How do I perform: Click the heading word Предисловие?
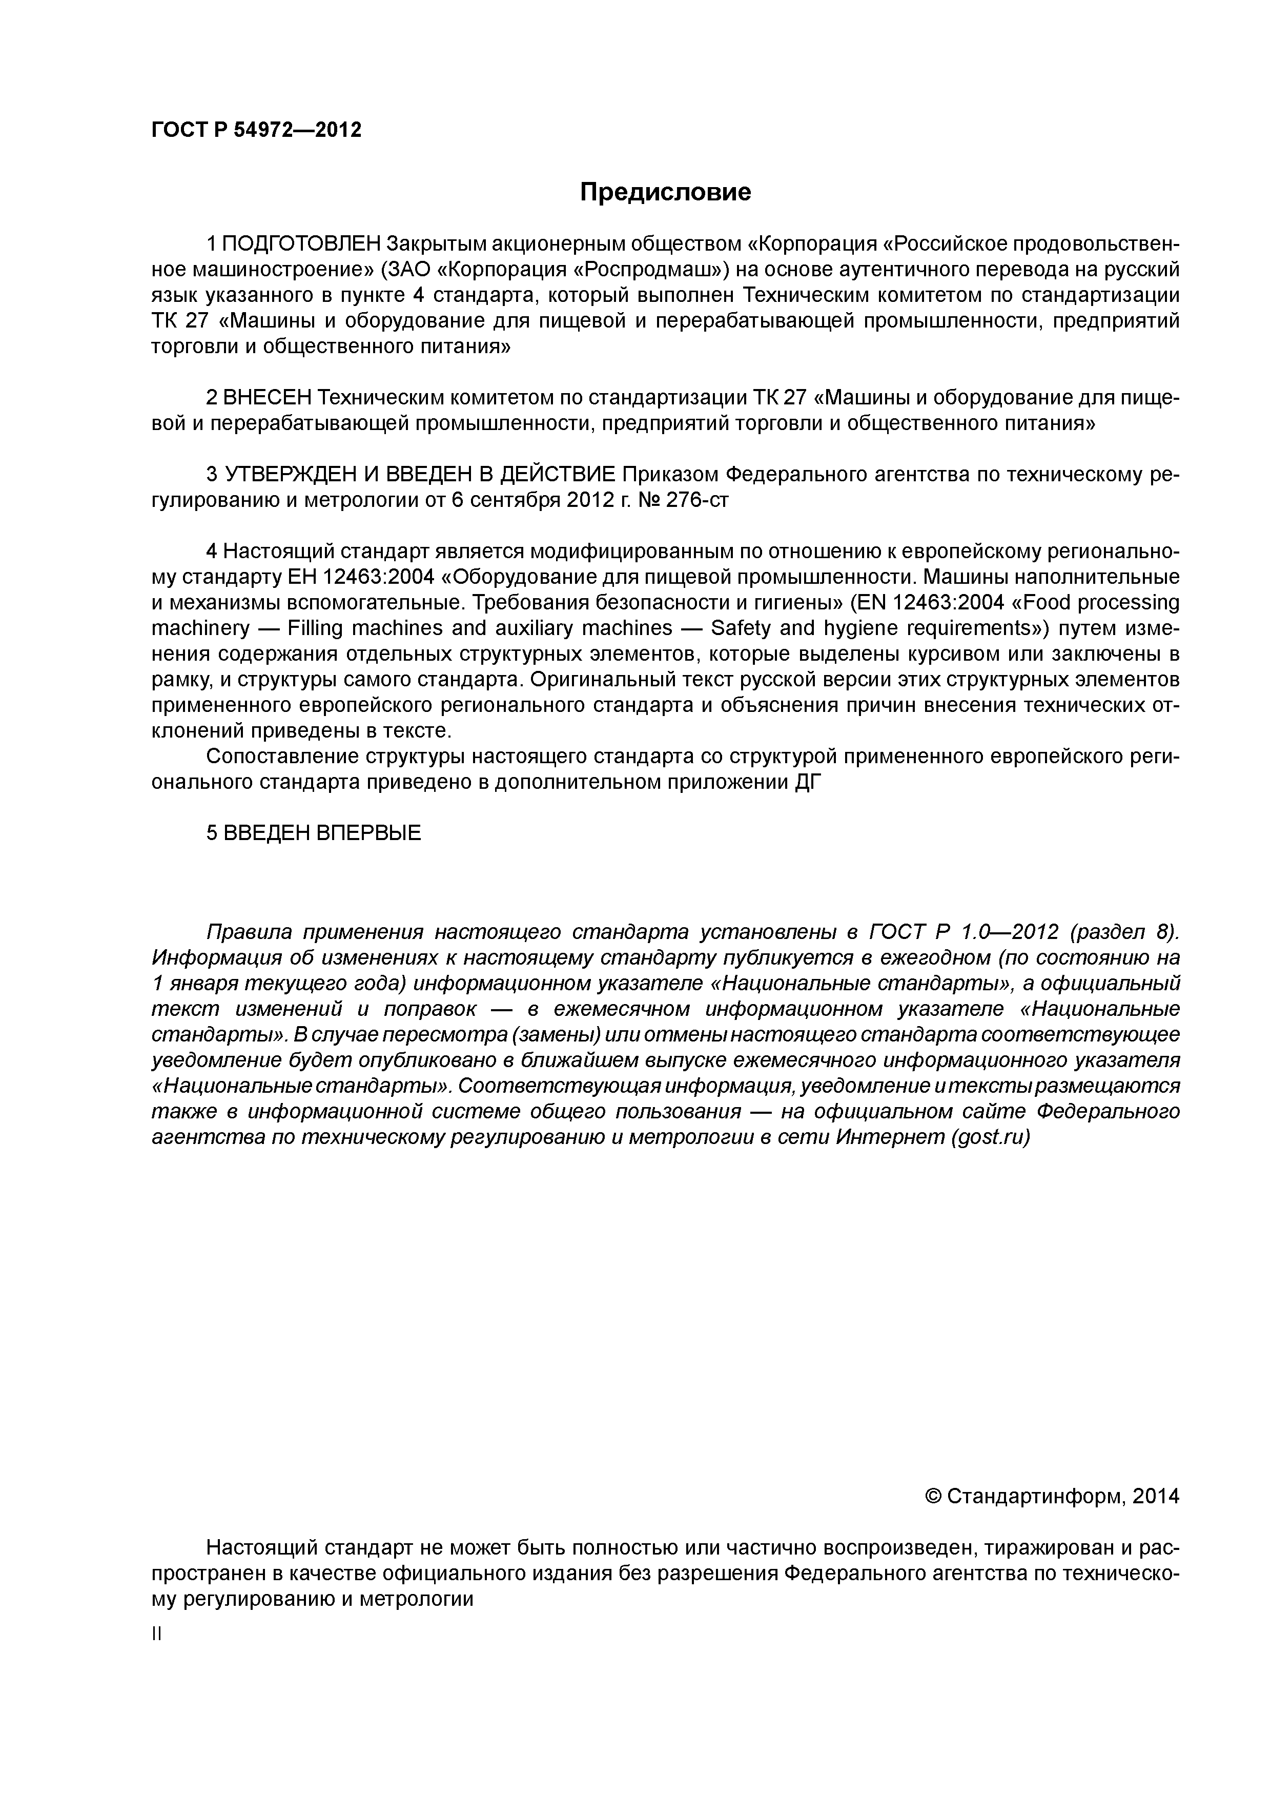[x=665, y=192]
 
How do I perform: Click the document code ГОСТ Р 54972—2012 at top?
[x=256, y=130]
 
